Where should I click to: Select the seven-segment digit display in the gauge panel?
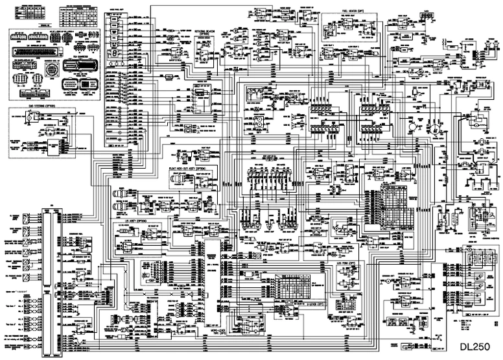point(115,52)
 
